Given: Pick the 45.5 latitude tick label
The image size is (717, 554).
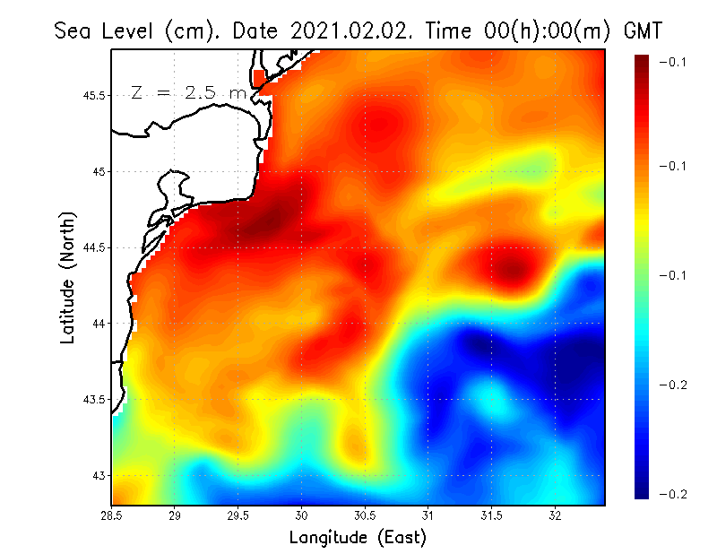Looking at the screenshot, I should click(x=94, y=95).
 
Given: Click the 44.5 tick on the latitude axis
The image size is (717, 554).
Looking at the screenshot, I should click(x=94, y=247).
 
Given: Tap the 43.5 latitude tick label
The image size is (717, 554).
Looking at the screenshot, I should click(x=94, y=399).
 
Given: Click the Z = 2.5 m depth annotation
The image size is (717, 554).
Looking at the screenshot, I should click(x=187, y=92).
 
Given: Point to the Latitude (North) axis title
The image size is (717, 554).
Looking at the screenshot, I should click(x=68, y=277).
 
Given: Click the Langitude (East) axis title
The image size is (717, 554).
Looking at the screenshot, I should click(x=358, y=538).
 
